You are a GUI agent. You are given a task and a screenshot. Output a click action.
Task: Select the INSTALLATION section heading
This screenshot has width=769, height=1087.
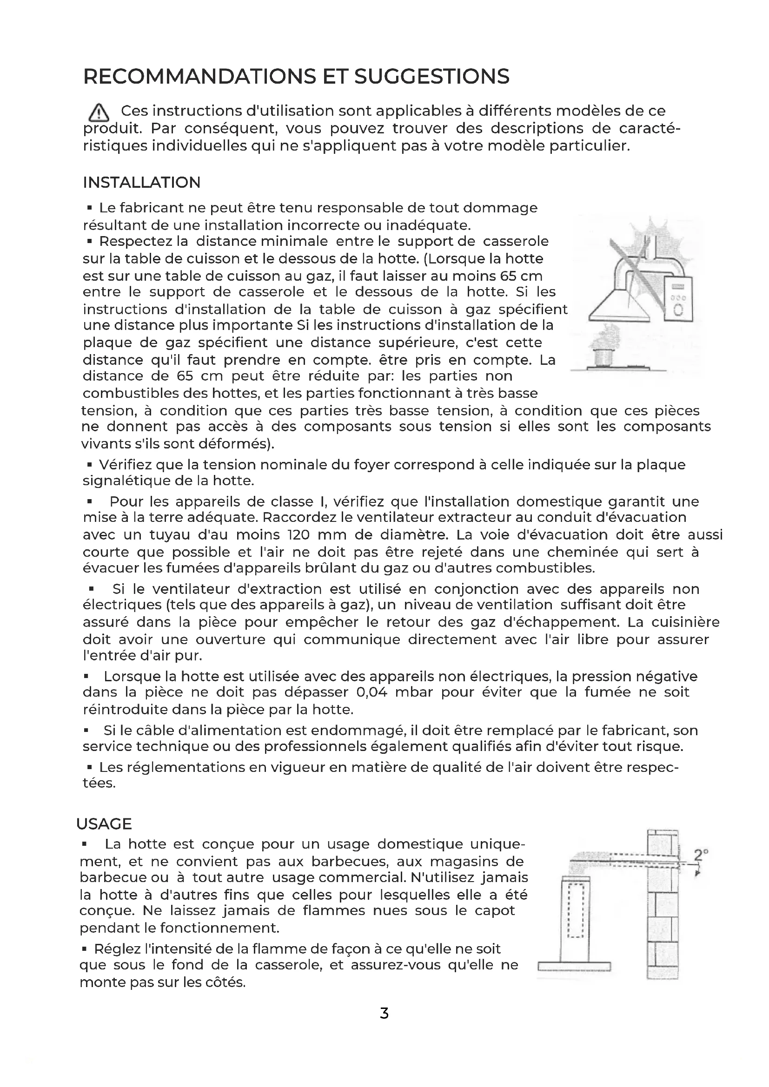tap(142, 182)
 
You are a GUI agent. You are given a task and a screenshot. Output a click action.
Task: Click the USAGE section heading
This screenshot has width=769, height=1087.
tap(104, 824)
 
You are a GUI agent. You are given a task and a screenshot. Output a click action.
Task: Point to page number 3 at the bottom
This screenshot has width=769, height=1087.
tap(384, 1013)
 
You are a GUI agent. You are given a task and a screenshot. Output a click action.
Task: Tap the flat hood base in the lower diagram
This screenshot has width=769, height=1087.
tap(574, 966)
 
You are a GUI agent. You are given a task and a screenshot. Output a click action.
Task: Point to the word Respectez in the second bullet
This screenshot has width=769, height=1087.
tap(135, 242)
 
